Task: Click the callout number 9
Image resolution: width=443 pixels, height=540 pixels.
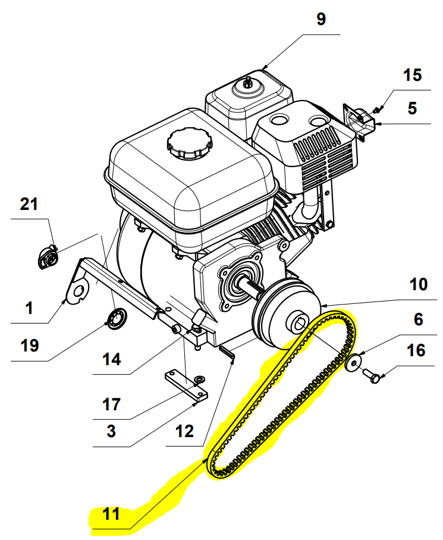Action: (321, 19)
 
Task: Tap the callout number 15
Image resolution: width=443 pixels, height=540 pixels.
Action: (413, 75)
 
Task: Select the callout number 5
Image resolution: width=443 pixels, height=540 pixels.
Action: (413, 109)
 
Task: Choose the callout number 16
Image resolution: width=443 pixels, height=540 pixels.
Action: (417, 351)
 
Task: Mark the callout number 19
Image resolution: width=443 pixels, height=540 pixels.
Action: (29, 344)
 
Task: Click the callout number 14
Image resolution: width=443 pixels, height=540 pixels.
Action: (111, 359)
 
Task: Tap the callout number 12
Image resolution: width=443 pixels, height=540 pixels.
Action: (184, 431)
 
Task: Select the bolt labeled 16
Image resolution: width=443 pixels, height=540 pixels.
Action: (373, 375)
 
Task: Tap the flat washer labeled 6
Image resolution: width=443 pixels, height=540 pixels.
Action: (355, 363)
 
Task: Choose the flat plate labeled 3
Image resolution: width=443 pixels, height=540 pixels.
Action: (186, 385)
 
